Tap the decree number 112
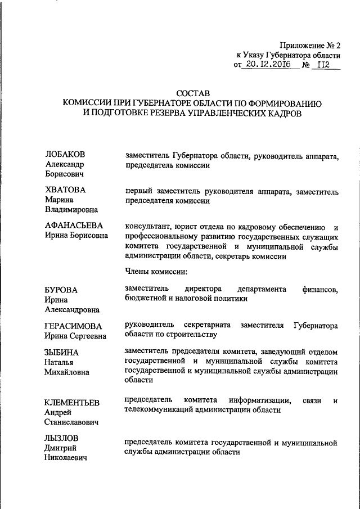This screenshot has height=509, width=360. [323, 65]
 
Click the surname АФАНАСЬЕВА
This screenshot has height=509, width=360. [73, 226]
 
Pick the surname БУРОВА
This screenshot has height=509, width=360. [61, 290]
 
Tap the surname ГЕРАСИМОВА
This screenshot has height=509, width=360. [74, 326]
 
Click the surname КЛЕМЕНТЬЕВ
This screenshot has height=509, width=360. [72, 402]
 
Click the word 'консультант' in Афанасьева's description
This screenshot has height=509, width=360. [147, 227]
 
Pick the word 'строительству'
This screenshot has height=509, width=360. [190, 335]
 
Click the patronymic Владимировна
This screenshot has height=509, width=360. [71, 210]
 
